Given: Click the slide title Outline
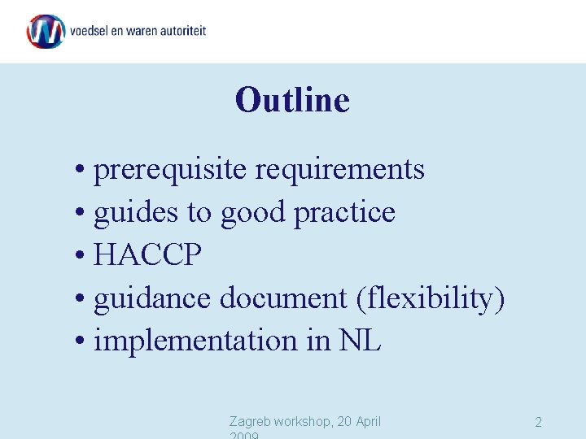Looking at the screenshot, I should [292, 101].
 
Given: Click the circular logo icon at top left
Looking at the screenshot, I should [46, 31].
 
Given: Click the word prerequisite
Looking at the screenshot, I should [171, 170].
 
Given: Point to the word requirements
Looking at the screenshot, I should [340, 170].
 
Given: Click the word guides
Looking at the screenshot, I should [136, 212].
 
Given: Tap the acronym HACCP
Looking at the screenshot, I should [147, 255].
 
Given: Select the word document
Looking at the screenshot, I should [284, 298].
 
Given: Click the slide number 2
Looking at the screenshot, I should [538, 423].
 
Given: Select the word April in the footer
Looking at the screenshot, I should [365, 421].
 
